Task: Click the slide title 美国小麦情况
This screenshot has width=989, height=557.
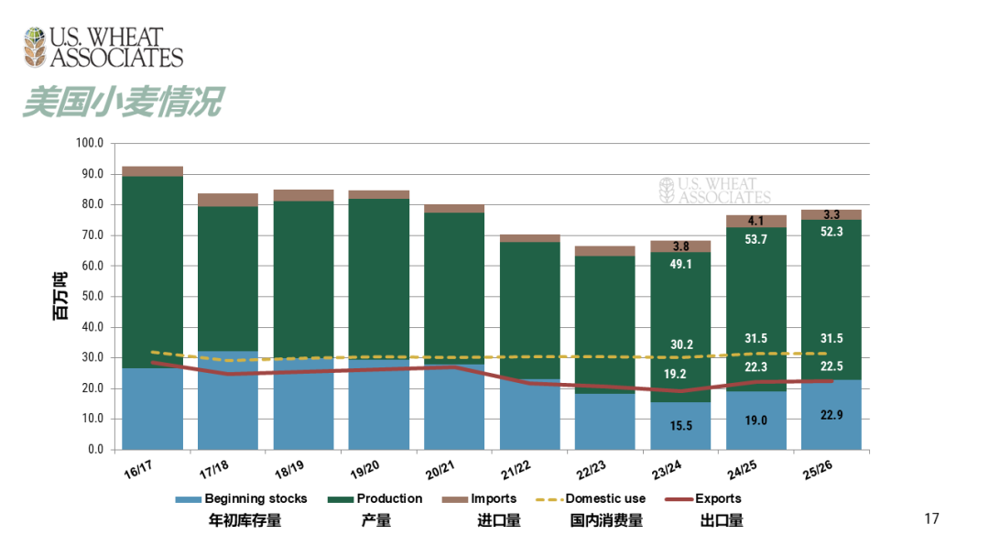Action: coord(122,102)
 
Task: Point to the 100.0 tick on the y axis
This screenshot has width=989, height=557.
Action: coord(90,144)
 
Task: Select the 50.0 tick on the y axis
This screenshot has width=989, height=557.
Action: coord(92,297)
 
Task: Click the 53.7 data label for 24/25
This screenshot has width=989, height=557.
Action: coord(756,239)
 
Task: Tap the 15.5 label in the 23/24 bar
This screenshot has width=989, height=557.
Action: coord(680,426)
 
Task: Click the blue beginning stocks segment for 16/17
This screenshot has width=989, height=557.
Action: coord(152,409)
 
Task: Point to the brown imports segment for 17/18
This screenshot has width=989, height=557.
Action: coord(228,200)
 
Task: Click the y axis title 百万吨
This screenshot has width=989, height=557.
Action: coord(60,297)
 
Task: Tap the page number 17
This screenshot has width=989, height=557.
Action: coord(932,519)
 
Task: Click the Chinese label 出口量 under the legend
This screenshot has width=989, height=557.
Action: coord(722,521)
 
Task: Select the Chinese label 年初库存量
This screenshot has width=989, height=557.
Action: coord(245,521)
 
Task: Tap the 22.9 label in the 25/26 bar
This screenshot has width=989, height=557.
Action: coord(832,415)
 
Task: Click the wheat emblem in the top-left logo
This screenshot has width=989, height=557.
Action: coord(35,47)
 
